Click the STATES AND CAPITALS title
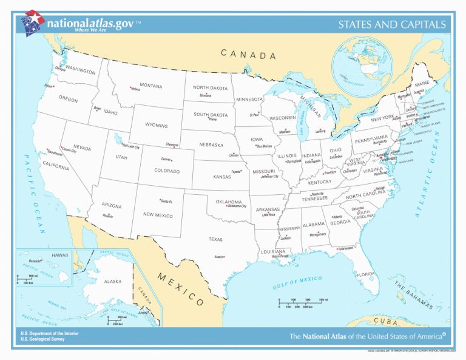tap(392, 25)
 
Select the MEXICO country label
tap(180, 288)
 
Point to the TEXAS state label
tap(215, 239)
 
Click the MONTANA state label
tap(150, 86)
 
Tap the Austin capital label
tap(219, 257)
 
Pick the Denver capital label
tap(166, 159)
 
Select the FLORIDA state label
tap(365, 274)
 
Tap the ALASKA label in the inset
tap(112, 282)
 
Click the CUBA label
tap(385, 321)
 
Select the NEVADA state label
tap(82, 147)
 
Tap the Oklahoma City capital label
tap(236, 206)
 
